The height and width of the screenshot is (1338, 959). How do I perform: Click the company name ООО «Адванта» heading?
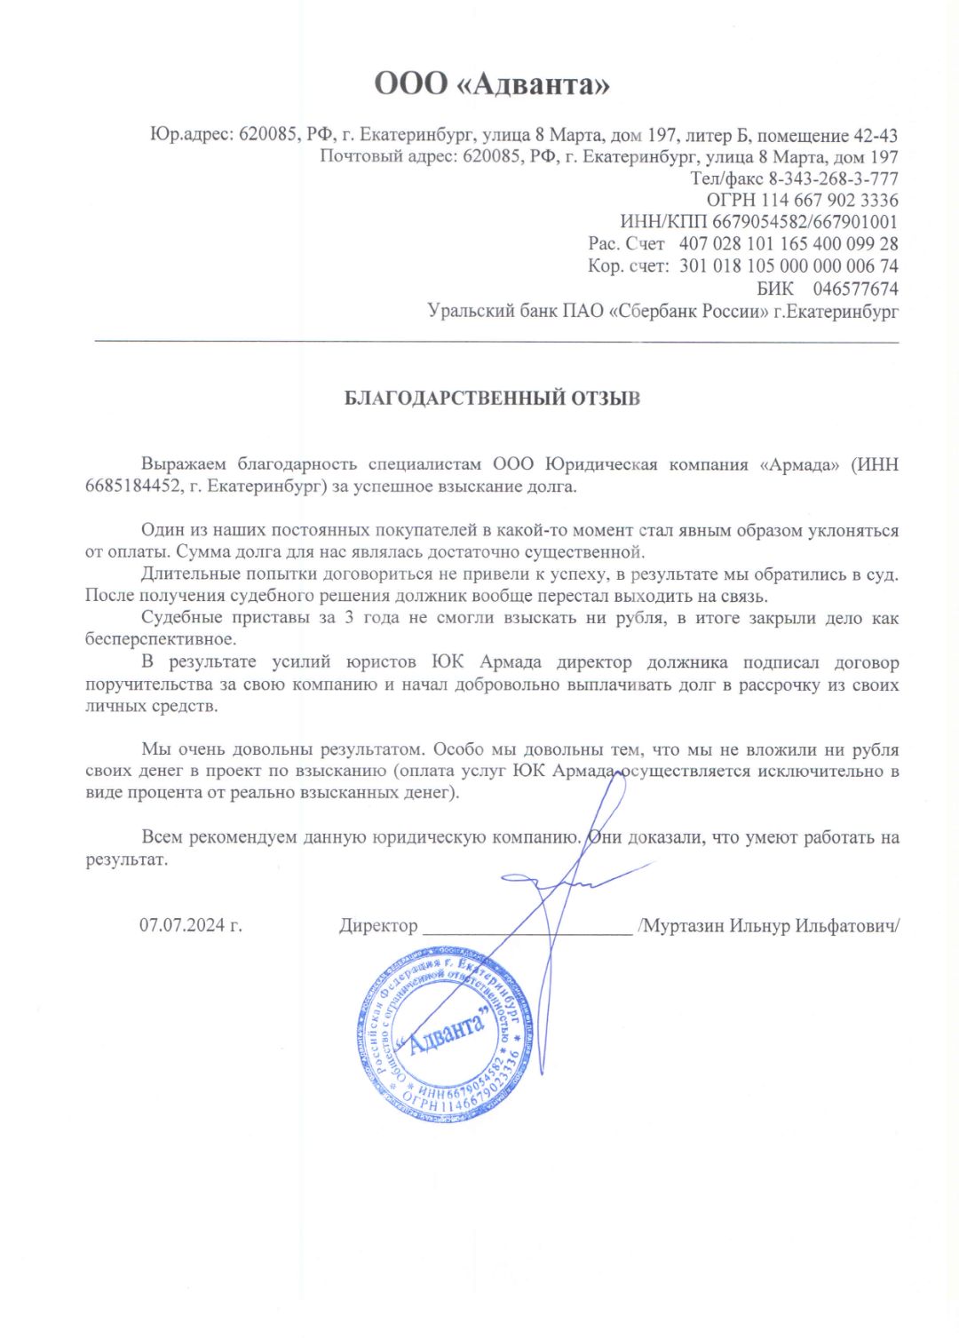[491, 84]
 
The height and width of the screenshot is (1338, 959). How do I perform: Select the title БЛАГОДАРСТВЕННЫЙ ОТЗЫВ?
[492, 398]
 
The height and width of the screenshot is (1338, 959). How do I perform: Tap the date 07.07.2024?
[190, 925]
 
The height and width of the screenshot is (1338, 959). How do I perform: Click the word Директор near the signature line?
[377, 925]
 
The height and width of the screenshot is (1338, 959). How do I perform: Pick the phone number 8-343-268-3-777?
[833, 178]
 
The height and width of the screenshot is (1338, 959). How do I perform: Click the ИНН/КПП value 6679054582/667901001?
[804, 222]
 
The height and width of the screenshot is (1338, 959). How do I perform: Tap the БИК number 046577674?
[855, 289]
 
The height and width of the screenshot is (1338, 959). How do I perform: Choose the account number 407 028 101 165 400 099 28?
[789, 244]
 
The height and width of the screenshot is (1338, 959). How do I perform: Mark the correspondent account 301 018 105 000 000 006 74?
[789, 265]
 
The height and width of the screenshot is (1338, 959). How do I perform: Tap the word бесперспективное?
[161, 639]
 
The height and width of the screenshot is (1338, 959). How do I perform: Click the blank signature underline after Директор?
[527, 931]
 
